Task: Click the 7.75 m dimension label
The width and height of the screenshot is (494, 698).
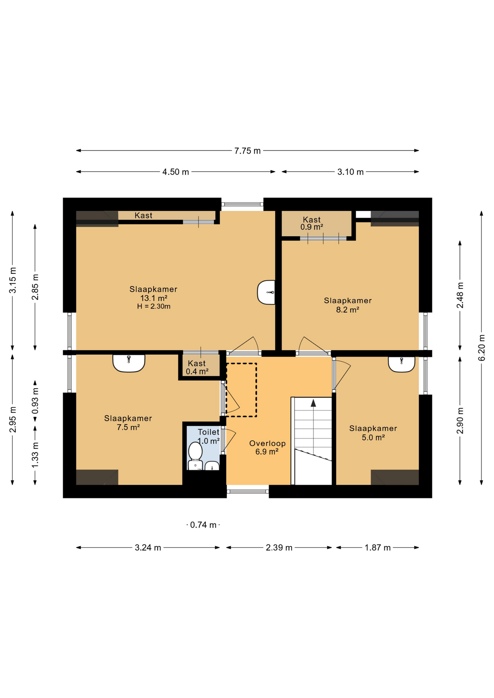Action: pos(247,151)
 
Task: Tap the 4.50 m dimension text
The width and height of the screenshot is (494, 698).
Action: pos(176,172)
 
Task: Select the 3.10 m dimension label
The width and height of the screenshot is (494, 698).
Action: pos(350,172)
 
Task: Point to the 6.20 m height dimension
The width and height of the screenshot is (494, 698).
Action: pos(482,348)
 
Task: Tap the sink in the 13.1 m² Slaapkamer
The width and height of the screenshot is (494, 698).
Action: pos(267,292)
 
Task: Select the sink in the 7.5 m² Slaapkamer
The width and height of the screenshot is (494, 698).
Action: pos(129,363)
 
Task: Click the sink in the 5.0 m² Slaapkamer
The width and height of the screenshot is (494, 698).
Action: pos(402,364)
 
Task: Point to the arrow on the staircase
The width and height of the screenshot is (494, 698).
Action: pos(313,403)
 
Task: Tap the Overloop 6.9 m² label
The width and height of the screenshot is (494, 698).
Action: pos(267,448)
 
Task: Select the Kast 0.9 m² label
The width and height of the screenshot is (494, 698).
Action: pos(312,223)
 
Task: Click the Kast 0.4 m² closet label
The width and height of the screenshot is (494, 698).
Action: pos(197,368)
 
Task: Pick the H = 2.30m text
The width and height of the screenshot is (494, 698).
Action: pos(154,306)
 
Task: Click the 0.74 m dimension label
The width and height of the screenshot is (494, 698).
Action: pos(203,525)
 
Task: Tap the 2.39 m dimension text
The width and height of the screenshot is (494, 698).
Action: pos(279,547)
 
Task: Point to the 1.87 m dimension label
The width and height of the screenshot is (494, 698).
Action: pos(378,547)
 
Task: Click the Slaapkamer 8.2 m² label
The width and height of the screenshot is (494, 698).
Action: pos(347,305)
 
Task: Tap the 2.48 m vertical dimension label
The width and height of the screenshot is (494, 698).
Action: pos(460,295)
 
